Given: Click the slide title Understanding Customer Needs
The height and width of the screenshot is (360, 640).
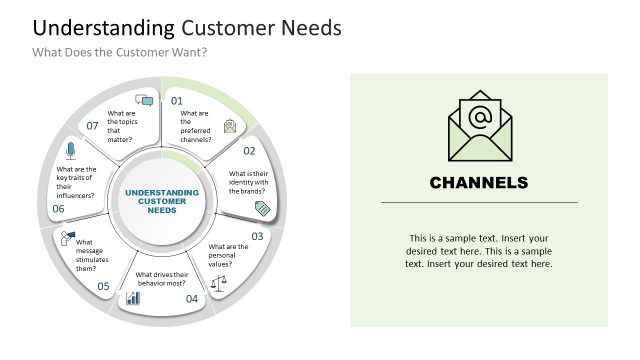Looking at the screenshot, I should pyautogui.click(x=188, y=28).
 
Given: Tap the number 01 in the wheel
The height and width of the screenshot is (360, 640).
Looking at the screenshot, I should pyautogui.click(x=177, y=101).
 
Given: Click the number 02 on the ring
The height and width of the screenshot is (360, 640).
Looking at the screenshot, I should pyautogui.click(x=249, y=151).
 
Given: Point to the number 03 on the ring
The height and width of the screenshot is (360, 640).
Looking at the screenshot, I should pyautogui.click(x=257, y=236).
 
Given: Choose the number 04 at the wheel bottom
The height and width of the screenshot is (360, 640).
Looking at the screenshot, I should pyautogui.click(x=192, y=298).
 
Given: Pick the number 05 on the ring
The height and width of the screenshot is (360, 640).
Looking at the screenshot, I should pyautogui.click(x=103, y=286).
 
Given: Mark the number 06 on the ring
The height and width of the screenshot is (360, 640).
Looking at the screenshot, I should pyautogui.click(x=58, y=209).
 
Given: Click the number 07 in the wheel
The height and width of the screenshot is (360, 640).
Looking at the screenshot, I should pyautogui.click(x=92, y=126).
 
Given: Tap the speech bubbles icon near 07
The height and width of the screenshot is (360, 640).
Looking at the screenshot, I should pyautogui.click(x=144, y=100).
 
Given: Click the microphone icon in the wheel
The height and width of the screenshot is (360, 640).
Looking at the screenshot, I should pyautogui.click(x=70, y=150).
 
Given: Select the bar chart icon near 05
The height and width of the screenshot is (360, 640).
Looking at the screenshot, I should pyautogui.click(x=133, y=298).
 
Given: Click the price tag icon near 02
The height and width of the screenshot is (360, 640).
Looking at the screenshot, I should pyautogui.click(x=263, y=208).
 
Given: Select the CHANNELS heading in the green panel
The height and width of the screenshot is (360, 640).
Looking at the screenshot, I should pyautogui.click(x=478, y=183).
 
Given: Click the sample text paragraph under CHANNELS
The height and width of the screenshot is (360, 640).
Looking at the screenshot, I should pyautogui.click(x=478, y=251).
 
